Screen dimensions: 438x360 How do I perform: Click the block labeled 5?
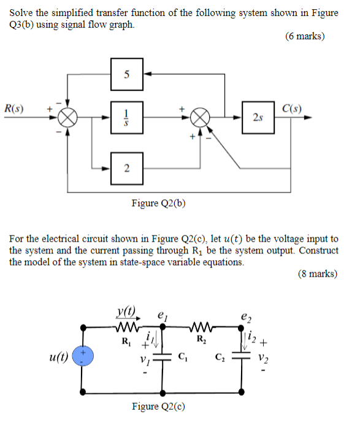tap(127, 74)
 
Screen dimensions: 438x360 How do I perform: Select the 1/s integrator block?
tap(127, 118)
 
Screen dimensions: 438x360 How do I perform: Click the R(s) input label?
tap(14, 109)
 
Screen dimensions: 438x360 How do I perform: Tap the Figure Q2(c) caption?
tap(159, 406)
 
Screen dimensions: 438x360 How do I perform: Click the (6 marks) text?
tap(305, 36)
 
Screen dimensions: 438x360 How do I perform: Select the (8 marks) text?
tap(317, 274)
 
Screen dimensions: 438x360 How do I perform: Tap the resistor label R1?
tap(126, 340)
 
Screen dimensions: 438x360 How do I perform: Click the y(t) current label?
tap(126, 312)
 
